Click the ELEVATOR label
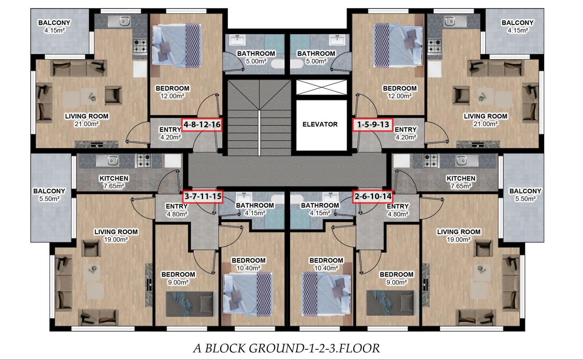click(x=320, y=124)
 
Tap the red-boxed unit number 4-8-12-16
click(x=202, y=125)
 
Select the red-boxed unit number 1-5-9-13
click(x=373, y=125)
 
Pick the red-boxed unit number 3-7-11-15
click(x=203, y=196)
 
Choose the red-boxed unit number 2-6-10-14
click(x=373, y=196)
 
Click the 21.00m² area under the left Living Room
click(x=87, y=124)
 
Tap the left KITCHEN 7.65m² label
click(x=114, y=182)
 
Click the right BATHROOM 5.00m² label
click(x=316, y=57)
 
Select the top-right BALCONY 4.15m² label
click(x=517, y=27)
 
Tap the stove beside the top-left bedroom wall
click(x=140, y=46)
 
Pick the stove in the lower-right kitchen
click(x=431, y=161)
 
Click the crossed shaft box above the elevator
click(x=322, y=87)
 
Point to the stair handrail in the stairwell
click(x=259, y=133)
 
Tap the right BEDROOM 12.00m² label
click(x=399, y=92)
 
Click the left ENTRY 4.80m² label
click(x=176, y=210)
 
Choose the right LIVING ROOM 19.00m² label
click(x=459, y=236)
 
